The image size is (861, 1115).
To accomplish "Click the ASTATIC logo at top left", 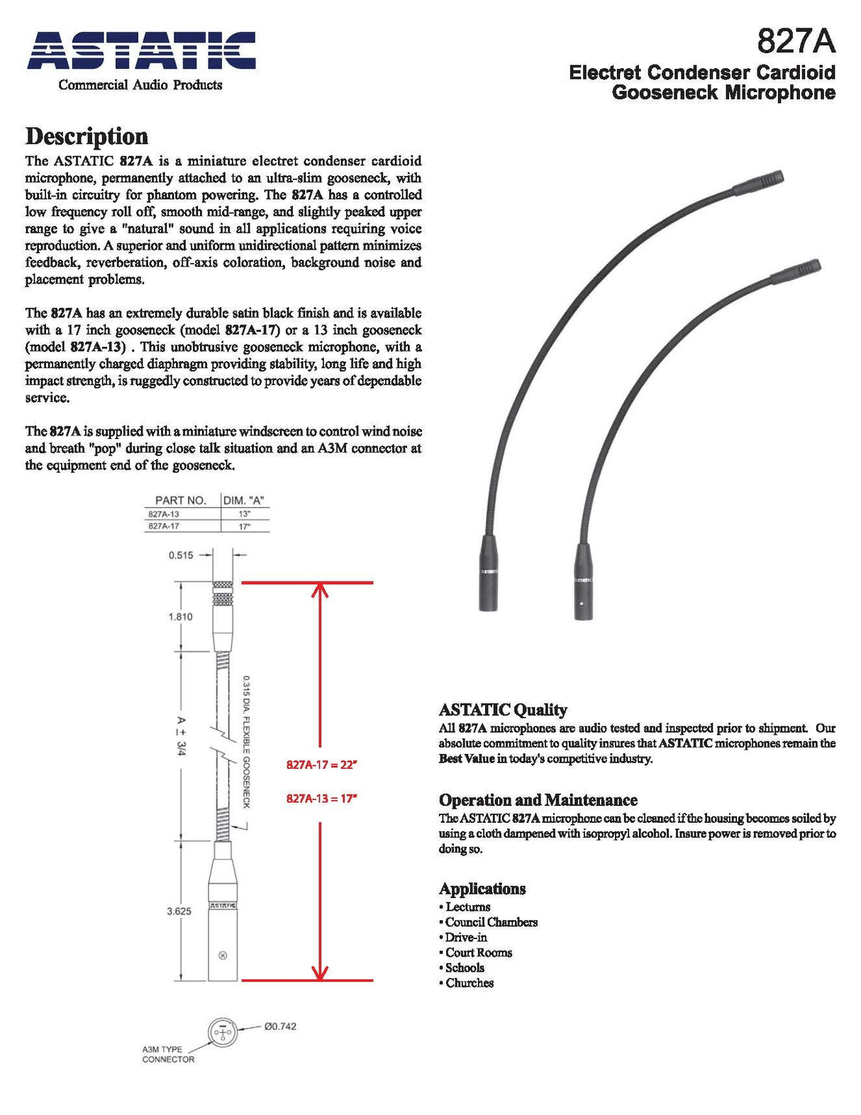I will (x=141, y=51).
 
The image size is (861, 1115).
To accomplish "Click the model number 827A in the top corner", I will (x=796, y=41).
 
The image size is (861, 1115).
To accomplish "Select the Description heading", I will (x=87, y=136).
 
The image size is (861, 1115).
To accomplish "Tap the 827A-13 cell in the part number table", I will (x=164, y=514).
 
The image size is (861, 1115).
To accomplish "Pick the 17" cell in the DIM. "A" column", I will (x=245, y=526).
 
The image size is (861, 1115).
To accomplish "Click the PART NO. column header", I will (x=180, y=500).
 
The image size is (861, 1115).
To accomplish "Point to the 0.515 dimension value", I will (x=181, y=555).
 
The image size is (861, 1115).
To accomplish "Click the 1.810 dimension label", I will (x=180, y=616).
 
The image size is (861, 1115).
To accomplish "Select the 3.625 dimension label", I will (x=179, y=911).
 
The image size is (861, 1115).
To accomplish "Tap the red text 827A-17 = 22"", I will (x=322, y=765).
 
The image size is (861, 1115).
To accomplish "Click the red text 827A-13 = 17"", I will (x=322, y=798).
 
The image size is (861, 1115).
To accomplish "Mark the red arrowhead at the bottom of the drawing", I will (x=321, y=972).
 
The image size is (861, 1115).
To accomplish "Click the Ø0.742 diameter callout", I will (x=280, y=1026).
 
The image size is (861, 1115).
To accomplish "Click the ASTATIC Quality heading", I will (x=503, y=709).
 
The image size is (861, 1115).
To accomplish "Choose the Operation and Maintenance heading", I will (x=538, y=799).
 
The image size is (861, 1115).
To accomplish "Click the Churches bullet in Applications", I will (x=469, y=983).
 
